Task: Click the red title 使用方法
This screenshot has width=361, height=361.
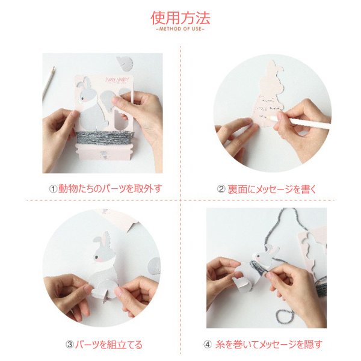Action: tap(180, 16)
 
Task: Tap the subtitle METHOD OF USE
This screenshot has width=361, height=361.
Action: tap(180, 29)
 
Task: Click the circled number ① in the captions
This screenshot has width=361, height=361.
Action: tap(53, 188)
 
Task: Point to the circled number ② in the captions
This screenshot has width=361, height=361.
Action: tap(221, 188)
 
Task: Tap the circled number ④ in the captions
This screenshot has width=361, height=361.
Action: tap(208, 344)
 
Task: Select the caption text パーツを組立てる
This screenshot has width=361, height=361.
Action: tap(109, 344)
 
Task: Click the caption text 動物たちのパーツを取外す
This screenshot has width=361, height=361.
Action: tap(110, 188)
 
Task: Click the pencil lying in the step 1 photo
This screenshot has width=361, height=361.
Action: tap(48, 83)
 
